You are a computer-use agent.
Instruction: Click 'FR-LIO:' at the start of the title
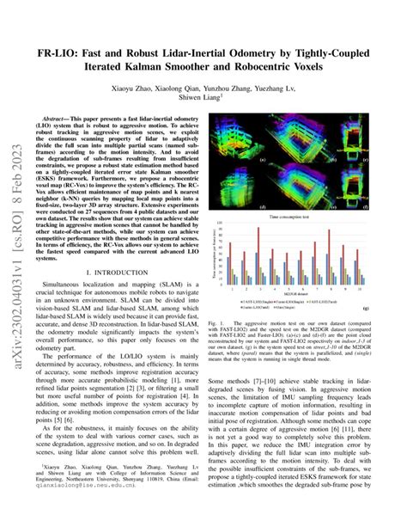click(54, 55)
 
